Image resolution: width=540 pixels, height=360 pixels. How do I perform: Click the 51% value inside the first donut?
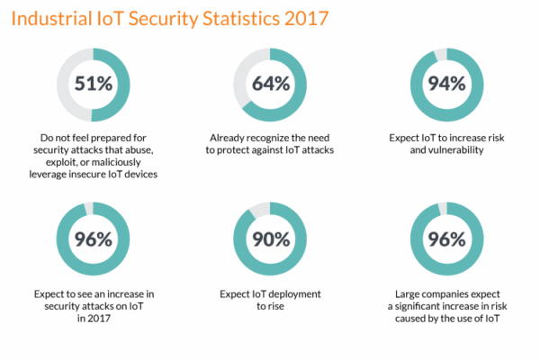[94, 85]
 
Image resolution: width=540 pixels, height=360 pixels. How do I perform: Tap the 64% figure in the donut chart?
[270, 85]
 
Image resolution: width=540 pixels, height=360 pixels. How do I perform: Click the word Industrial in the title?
[51, 18]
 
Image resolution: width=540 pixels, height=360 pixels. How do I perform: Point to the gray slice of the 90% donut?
[257, 212]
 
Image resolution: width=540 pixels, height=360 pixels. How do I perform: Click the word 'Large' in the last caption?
[411, 292]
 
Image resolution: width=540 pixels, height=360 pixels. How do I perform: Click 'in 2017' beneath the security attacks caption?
[94, 318]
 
